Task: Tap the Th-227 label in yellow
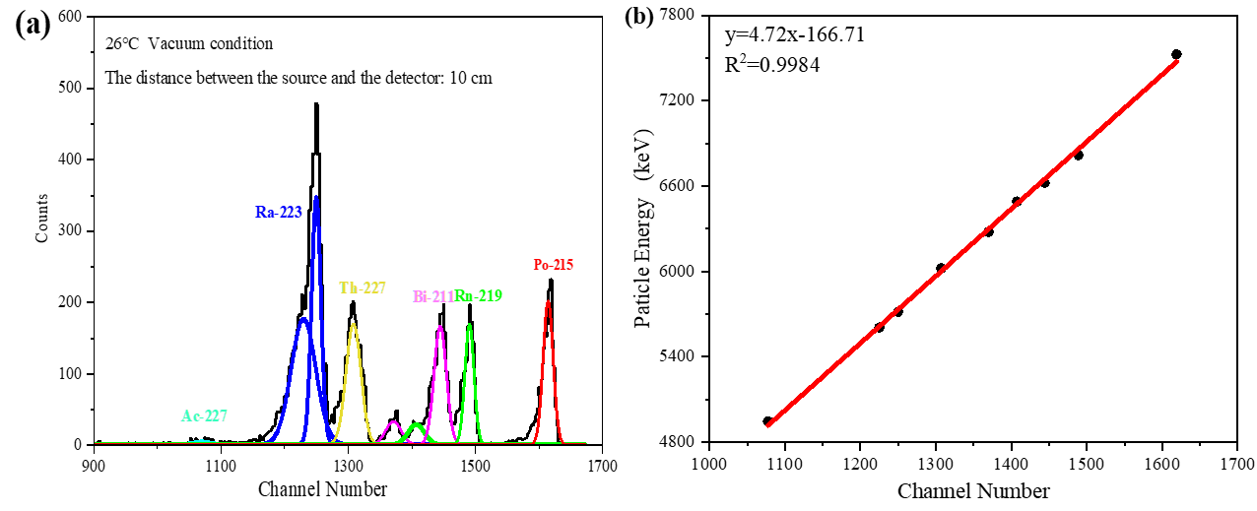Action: click(x=363, y=288)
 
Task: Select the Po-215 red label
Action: click(x=553, y=265)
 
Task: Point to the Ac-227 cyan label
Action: click(x=205, y=416)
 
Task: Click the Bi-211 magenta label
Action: click(x=432, y=295)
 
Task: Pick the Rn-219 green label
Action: click(x=479, y=295)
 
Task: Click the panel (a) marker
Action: click(x=33, y=26)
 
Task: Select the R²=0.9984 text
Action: click(x=772, y=65)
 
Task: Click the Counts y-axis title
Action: click(x=40, y=224)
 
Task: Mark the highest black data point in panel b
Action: click(x=1176, y=54)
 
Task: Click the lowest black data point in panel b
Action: click(x=767, y=421)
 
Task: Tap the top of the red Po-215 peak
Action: click(x=549, y=301)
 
